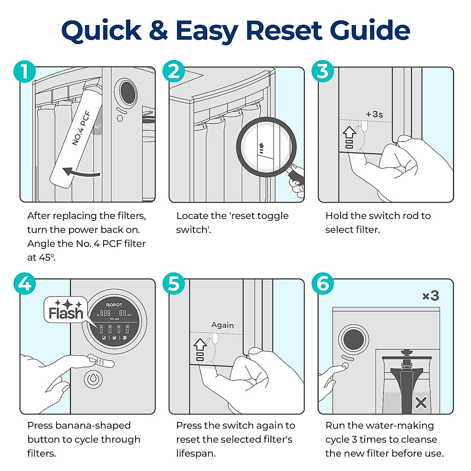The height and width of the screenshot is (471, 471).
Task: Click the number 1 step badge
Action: click(24, 72)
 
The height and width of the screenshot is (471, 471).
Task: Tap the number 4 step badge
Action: click(24, 284)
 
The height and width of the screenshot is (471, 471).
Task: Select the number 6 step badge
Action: click(323, 284)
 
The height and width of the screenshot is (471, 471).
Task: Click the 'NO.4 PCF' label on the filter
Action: click(82, 129)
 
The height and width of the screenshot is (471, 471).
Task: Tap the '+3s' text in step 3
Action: click(374, 114)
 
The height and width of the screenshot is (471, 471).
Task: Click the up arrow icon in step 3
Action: click(349, 133)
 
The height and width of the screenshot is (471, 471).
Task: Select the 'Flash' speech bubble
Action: click(66, 310)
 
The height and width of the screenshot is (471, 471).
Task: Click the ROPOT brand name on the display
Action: click(114, 305)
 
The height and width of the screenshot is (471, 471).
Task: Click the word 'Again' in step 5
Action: click(223, 325)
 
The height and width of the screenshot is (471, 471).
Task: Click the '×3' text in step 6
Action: click(430, 296)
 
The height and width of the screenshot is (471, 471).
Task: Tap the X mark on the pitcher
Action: click(421, 403)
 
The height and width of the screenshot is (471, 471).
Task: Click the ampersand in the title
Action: click(158, 30)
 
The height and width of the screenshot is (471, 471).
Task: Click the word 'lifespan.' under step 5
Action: click(196, 453)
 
